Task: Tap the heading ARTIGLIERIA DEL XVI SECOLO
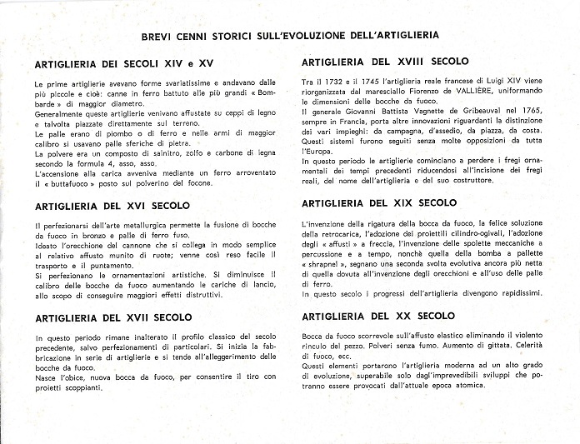pos(112,205)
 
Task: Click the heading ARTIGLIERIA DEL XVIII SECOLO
pos(385,62)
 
